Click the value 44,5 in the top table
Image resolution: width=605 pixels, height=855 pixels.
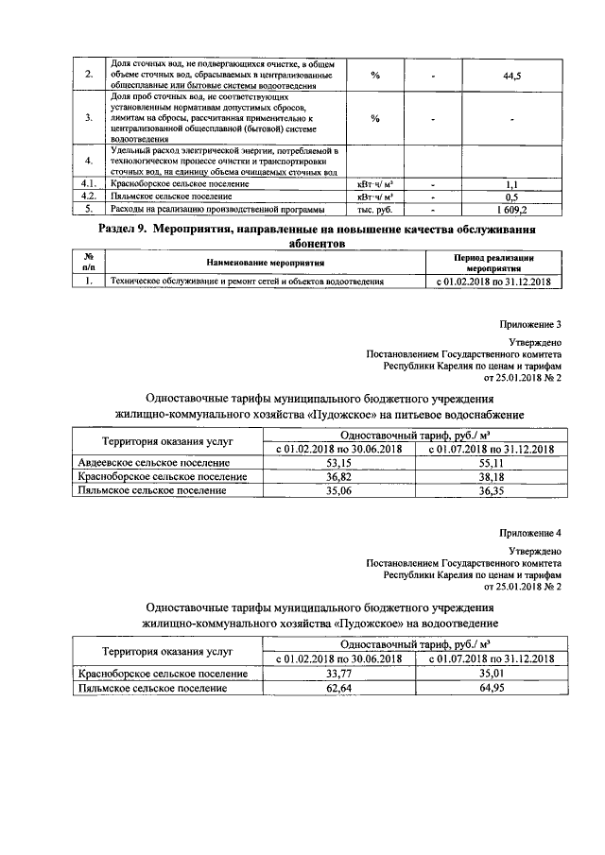511,75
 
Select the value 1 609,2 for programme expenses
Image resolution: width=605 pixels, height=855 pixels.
511,209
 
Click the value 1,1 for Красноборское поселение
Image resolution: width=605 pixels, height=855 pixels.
511,183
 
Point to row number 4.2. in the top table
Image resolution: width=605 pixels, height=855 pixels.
88,197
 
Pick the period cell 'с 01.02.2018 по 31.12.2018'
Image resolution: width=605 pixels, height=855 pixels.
493,281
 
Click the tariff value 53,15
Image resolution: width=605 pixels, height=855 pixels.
338,464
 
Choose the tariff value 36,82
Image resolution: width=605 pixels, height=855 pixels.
338,478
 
